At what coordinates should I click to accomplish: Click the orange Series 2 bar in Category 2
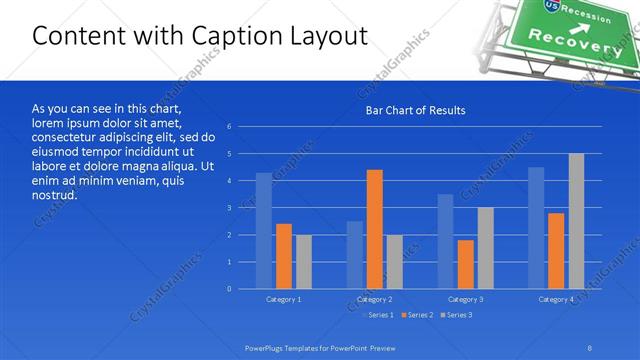coord(374,229)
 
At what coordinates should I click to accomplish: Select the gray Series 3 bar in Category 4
coord(576,221)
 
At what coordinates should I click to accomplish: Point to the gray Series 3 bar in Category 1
coord(303,262)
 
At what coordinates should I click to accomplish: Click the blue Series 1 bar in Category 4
coord(536,228)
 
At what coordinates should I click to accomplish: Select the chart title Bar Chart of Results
coord(415,110)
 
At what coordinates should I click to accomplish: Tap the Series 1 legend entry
coord(377,315)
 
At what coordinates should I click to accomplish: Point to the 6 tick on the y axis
coord(230,127)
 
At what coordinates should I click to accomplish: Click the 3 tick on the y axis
coord(230,208)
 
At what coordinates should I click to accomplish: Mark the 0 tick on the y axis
coord(230,289)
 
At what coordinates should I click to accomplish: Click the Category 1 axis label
coord(284,299)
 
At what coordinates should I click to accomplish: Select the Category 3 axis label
coord(465,299)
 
